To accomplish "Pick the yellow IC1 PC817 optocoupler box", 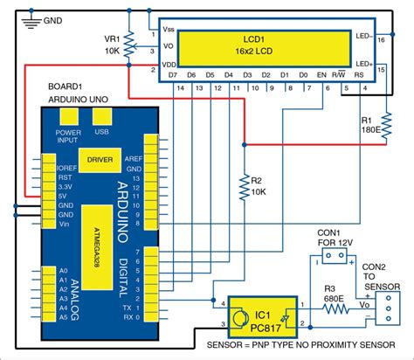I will [259, 315].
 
